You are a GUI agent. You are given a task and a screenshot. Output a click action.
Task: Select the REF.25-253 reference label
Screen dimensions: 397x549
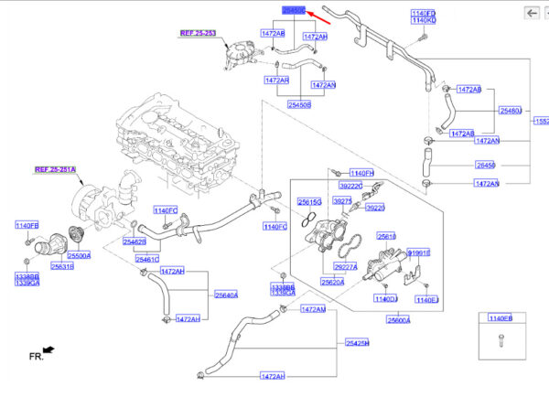[x=197, y=32]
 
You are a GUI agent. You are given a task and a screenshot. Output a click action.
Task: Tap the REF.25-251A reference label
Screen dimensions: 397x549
[x=57, y=169]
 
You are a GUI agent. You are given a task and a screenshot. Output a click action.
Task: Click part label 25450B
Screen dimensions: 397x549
[x=300, y=105]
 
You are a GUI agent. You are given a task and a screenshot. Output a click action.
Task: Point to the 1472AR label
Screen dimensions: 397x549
[x=275, y=80]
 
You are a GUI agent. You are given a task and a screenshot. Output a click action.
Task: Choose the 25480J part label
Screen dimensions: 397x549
[x=511, y=111]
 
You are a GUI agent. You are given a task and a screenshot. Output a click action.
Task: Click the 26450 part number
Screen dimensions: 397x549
[x=486, y=166]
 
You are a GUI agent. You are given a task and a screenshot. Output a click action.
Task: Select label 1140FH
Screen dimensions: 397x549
[x=361, y=172]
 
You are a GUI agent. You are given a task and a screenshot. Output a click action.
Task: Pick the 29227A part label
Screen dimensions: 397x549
[x=346, y=266]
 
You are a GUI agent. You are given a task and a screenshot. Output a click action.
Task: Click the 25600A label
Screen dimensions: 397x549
[x=398, y=320]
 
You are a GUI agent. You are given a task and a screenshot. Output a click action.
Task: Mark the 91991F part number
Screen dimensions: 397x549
[x=419, y=252]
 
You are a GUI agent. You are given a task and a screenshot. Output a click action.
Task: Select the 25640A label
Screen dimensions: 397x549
[x=226, y=295]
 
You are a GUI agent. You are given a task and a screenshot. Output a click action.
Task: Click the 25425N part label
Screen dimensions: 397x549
[x=358, y=342]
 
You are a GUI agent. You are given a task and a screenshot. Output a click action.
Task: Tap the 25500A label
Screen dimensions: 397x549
[x=79, y=255]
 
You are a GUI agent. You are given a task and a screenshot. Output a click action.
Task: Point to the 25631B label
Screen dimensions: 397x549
[x=63, y=267]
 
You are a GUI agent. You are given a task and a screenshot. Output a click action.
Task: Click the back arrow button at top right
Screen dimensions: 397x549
[x=531, y=12]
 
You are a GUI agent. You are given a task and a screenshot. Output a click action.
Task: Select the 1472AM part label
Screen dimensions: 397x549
[x=313, y=309]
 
